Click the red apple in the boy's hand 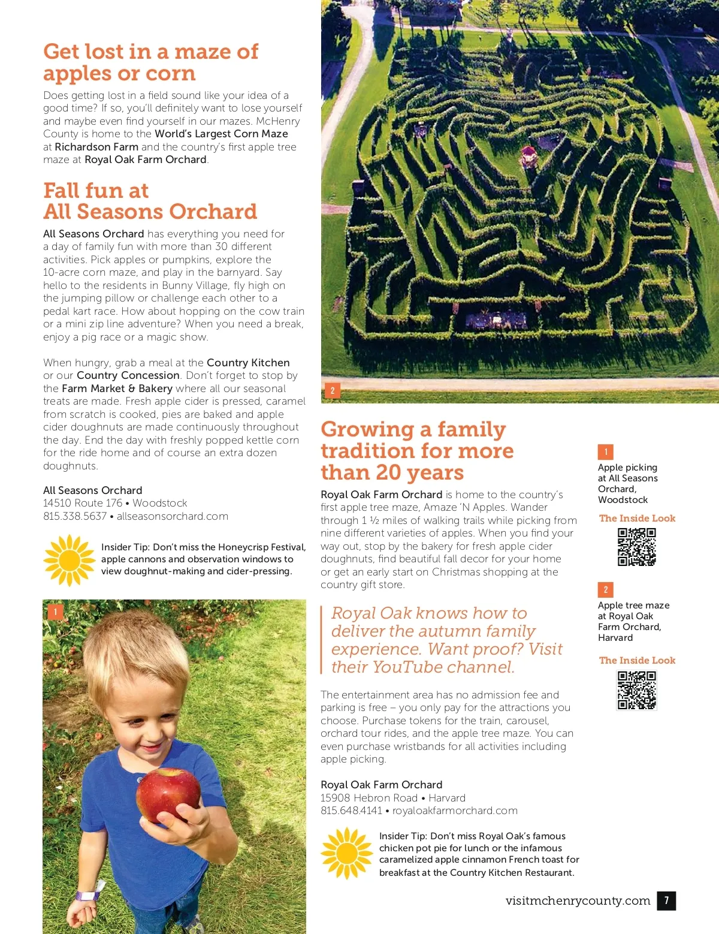click(x=168, y=794)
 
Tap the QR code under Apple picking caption click(x=637, y=547)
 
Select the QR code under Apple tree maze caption click(x=637, y=690)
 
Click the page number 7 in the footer click(x=666, y=900)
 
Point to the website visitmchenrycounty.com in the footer click(x=578, y=900)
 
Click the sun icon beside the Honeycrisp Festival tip click(x=70, y=560)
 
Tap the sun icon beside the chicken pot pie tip click(x=347, y=854)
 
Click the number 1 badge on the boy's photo click(x=55, y=611)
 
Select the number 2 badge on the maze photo click(x=333, y=391)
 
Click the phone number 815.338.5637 click(x=75, y=516)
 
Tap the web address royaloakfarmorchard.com click(x=455, y=811)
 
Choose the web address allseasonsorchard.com click(x=173, y=516)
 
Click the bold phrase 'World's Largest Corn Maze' click(x=221, y=134)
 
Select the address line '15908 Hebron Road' click(x=368, y=798)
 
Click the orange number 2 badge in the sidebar click(x=605, y=589)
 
